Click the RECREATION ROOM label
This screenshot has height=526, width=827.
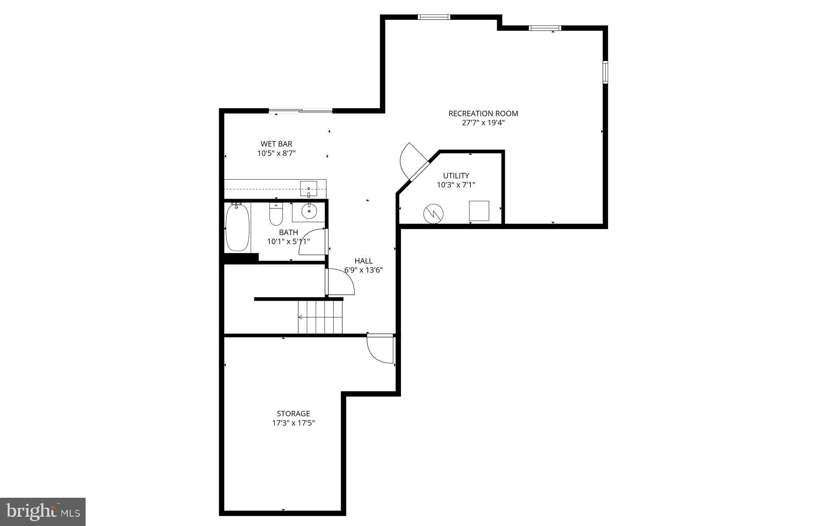(x=483, y=113)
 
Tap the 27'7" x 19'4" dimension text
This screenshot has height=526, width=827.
(x=483, y=123)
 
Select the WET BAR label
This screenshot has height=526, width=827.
(x=276, y=144)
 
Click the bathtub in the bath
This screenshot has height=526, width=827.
(x=237, y=228)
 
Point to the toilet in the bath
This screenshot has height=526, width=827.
(x=276, y=215)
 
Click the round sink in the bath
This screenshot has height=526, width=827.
(x=309, y=212)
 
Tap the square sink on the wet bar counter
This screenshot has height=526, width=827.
(x=309, y=188)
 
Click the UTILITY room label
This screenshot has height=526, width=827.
(x=456, y=176)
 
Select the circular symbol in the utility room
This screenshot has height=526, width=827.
(x=433, y=214)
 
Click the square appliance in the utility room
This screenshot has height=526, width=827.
(x=479, y=211)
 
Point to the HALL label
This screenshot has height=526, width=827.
(x=363, y=261)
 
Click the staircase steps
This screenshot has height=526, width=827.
(x=320, y=317)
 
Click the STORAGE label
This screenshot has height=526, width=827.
(x=293, y=413)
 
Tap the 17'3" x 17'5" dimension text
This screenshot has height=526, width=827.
(x=293, y=423)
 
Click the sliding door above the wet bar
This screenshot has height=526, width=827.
(x=300, y=111)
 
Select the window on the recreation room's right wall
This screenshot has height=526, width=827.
(x=605, y=72)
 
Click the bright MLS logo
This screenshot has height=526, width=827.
(x=43, y=511)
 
